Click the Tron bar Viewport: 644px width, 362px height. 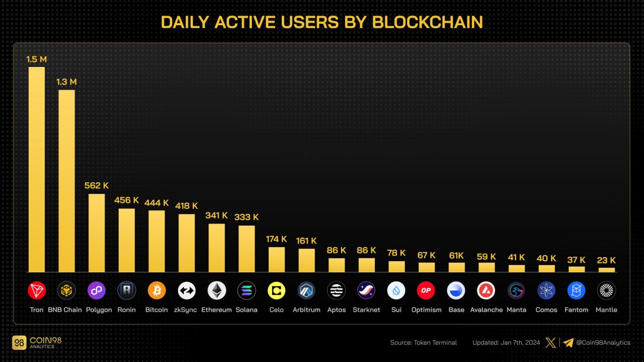coord(37,169)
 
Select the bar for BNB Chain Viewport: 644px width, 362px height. coord(66,181)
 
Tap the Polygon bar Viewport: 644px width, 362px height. coord(97,233)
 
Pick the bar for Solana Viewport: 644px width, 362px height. coord(247,249)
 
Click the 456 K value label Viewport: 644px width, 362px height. coord(126,200)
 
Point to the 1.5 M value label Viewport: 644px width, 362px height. coord(37,59)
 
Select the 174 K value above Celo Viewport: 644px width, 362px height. coord(276,239)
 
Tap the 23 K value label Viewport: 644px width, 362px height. coord(606,260)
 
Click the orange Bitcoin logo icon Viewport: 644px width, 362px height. coord(156,291)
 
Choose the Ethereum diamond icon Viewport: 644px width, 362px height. coord(217,291)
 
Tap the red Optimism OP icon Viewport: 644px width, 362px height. coord(426,291)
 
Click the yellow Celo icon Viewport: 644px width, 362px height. coord(276,291)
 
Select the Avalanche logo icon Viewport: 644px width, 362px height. coord(486,291)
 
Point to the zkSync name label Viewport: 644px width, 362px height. coord(187,310)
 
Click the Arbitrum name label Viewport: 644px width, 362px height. coord(306,310)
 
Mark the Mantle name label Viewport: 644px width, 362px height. coord(606,310)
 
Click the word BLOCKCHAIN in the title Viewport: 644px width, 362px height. coord(428,22)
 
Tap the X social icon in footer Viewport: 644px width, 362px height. coord(551,343)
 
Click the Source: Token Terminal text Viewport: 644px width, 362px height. coord(424,343)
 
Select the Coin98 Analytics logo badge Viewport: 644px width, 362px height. coord(19,343)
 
